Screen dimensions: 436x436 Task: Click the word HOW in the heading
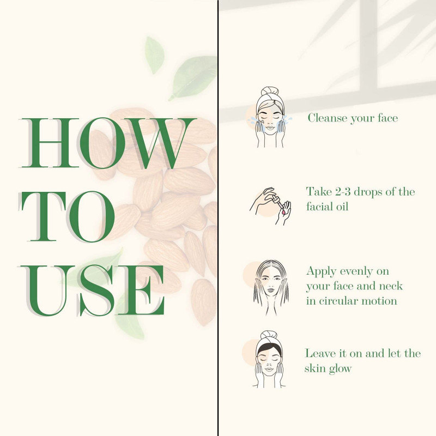click(x=108, y=143)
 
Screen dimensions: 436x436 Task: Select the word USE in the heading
click(x=93, y=290)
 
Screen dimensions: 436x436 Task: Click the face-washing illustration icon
click(x=269, y=117)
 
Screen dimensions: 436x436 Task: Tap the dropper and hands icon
click(x=270, y=206)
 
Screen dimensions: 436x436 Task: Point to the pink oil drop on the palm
click(x=283, y=213)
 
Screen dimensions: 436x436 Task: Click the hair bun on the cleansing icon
click(x=269, y=90)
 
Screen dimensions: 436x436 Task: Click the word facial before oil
click(x=319, y=207)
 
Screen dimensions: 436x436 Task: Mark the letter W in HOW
click(x=159, y=143)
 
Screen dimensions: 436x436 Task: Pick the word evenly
click(x=356, y=271)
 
